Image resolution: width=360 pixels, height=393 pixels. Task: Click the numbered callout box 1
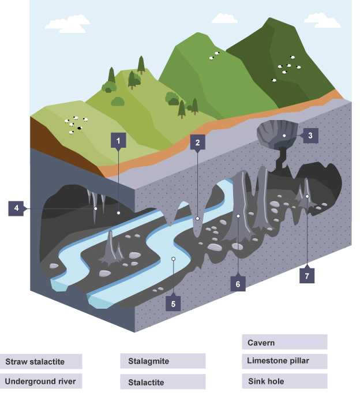pos(118,140)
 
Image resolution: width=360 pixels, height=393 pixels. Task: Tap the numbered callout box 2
pos(197,143)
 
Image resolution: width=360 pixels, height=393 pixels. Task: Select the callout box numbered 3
pos(310,136)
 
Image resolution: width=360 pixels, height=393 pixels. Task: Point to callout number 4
pos(17,208)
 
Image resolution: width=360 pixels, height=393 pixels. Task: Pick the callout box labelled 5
pos(172,302)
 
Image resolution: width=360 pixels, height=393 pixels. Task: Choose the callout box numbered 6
pos(237,283)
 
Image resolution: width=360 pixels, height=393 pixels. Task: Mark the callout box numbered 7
pos(307,276)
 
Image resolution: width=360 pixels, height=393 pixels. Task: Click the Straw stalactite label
pos(40,362)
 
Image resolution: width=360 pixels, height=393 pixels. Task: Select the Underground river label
pos(40,381)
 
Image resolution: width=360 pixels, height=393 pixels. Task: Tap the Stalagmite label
pos(163,361)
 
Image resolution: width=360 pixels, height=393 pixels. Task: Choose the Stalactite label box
pos(163,382)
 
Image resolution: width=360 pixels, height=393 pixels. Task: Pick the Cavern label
pos(284,342)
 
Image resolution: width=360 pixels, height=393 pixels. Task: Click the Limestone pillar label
pos(284,361)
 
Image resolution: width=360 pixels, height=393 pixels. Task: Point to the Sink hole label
pos(284,381)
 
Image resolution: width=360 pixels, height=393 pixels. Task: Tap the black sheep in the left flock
pos(80,128)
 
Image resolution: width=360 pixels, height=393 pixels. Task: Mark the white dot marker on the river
pos(172,259)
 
